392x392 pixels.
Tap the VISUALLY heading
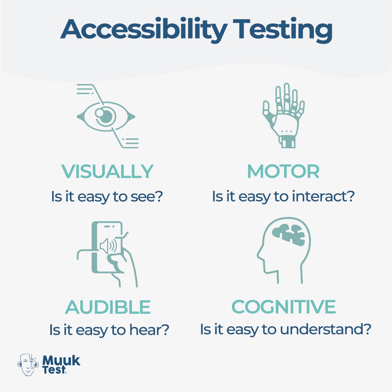(107, 171)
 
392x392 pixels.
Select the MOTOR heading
(283, 171)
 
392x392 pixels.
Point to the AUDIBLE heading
(108, 307)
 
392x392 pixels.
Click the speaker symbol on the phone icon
(108, 246)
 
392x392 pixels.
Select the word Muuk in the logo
(61, 360)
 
